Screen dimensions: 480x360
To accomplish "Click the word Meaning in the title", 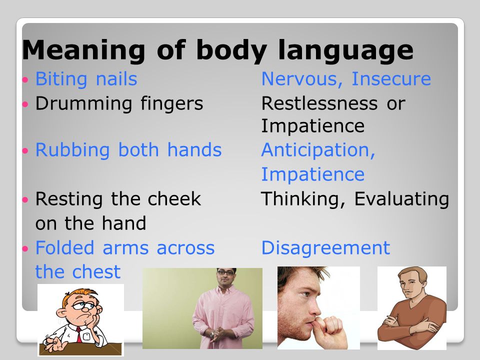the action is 83,49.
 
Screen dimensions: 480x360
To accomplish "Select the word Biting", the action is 61,79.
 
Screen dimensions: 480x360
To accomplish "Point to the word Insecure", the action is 391,79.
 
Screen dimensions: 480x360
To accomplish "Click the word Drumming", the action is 83,103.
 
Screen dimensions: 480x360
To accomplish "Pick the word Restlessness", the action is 319,103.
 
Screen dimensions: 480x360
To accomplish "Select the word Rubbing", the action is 72,150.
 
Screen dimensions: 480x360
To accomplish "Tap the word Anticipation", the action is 318,150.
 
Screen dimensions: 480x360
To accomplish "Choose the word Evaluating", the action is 401,199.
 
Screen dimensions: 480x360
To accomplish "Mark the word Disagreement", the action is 325,247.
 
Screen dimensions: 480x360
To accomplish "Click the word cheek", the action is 174,198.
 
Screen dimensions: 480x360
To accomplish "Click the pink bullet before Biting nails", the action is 25,80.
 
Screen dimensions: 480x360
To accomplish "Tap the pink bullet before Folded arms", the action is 25,248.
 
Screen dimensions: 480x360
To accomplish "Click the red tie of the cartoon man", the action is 79,335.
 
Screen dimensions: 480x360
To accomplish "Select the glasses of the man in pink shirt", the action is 225,272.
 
